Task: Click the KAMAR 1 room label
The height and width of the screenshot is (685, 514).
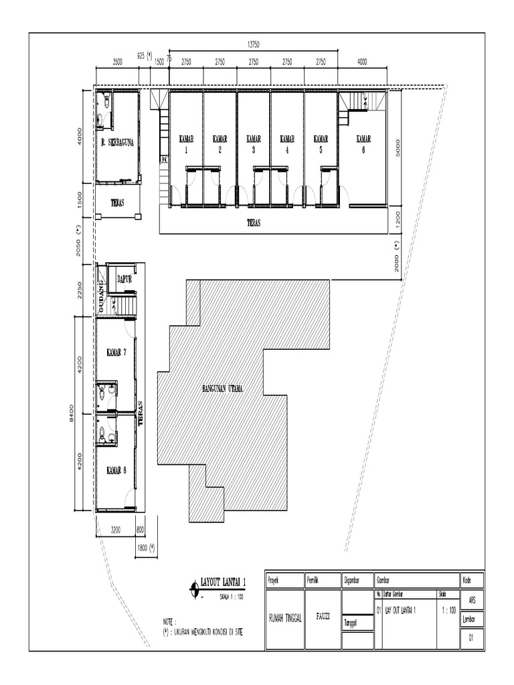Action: click(186, 144)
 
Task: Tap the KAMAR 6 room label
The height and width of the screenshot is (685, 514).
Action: click(363, 144)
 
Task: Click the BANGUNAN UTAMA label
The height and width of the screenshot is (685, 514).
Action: click(222, 388)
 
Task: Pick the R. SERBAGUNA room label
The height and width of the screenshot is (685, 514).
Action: click(118, 142)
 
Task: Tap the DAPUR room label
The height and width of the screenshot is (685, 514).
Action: click(125, 280)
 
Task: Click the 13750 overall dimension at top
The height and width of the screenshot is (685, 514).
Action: click(253, 44)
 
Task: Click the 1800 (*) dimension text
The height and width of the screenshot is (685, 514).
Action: click(146, 547)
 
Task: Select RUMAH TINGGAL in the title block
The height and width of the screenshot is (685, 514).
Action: click(285, 618)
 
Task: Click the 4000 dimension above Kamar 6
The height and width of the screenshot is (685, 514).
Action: click(362, 61)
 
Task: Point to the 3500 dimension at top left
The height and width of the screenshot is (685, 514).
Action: click(116, 61)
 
